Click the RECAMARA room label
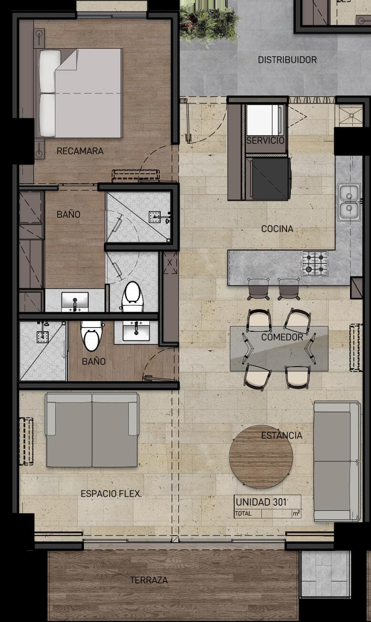click(80, 151)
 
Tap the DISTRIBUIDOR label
click(287, 60)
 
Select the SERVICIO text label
click(265, 140)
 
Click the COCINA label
click(277, 229)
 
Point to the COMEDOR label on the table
click(282, 337)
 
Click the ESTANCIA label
click(282, 435)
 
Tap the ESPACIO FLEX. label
click(111, 494)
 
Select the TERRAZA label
click(149, 580)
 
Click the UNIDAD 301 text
click(261, 502)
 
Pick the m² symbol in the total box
click(296, 513)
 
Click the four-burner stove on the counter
click(315, 263)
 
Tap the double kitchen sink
click(349, 202)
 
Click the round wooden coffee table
click(261, 457)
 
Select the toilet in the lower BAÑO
click(91, 336)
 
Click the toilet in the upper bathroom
click(133, 296)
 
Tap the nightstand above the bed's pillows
click(39, 38)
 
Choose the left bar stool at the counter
click(258, 289)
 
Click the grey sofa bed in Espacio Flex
click(92, 430)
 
